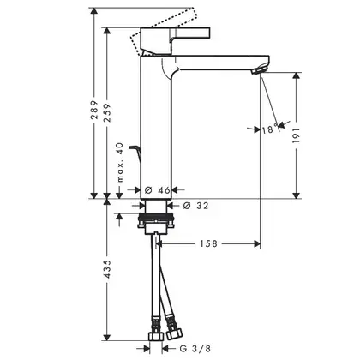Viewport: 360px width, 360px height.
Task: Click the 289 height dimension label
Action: pos(94,110)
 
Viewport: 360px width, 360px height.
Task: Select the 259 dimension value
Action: pos(107,112)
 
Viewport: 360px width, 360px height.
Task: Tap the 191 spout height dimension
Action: pos(297,135)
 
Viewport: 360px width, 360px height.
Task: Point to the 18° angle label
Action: pos(270,129)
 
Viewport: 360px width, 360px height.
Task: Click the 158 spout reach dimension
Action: pos(208,243)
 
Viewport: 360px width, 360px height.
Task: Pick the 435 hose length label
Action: pos(107,269)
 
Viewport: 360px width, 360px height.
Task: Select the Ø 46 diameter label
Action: pos(158,190)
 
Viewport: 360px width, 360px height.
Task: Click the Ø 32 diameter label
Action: pos(196,206)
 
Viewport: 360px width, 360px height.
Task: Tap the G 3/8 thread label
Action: pos(195,348)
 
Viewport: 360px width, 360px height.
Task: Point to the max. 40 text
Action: pos(120,162)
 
